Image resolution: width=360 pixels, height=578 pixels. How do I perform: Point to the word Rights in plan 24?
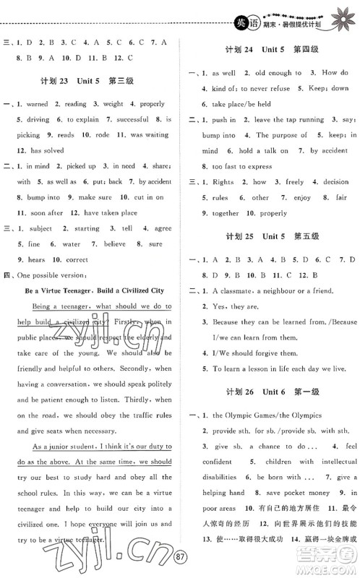pos(224,182)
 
